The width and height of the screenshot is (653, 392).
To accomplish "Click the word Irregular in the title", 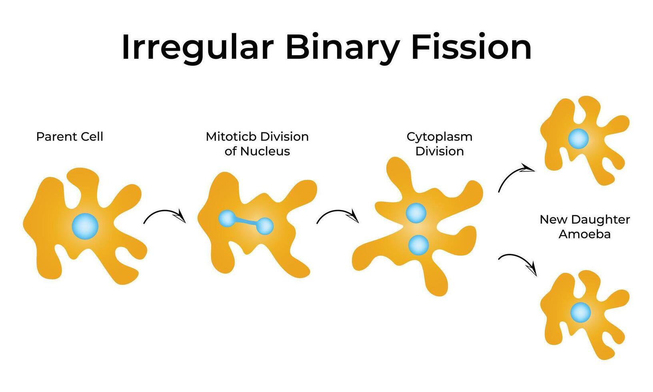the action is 198,48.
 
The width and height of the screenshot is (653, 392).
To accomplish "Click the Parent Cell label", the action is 70,136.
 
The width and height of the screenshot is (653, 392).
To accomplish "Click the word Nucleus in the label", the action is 265,151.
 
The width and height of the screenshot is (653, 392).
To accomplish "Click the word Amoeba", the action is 585,234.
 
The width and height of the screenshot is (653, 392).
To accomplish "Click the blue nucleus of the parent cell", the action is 85,226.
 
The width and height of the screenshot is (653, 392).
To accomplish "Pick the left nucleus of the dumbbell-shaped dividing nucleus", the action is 227,218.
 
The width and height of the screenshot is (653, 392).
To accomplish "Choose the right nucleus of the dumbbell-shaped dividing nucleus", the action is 265,226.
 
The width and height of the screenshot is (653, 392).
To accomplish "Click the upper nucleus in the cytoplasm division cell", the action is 416,213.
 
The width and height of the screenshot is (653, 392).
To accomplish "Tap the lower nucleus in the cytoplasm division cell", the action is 418,245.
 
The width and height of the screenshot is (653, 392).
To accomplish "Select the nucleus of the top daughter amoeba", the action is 578,138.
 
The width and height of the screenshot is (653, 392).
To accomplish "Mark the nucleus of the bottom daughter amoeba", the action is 581,312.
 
